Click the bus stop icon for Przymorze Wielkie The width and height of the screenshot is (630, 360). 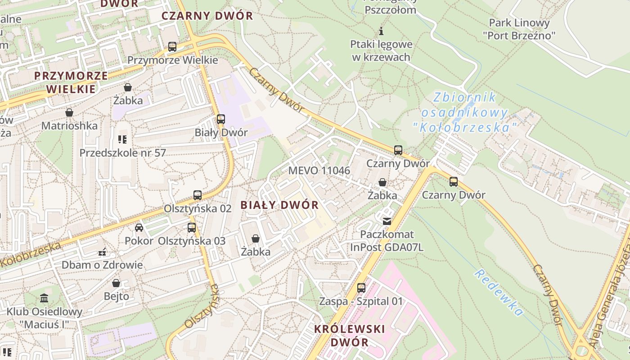click(x=172, y=47)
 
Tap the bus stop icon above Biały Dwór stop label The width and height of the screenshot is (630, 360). click(x=221, y=119)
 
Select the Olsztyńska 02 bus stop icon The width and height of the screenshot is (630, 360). click(x=198, y=195)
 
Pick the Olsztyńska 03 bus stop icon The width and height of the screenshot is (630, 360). click(x=192, y=228)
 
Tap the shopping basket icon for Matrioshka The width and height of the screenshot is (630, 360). click(x=69, y=112)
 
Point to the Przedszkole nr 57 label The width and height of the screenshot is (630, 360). click(x=122, y=153)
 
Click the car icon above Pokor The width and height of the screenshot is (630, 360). click(x=139, y=228)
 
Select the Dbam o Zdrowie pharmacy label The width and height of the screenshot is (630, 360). click(x=102, y=265)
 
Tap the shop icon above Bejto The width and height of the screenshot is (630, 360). click(x=116, y=283)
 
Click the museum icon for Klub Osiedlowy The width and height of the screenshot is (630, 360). click(x=44, y=298)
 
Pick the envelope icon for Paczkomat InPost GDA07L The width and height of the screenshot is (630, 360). click(x=387, y=221)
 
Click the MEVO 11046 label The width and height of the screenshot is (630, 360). click(x=319, y=171)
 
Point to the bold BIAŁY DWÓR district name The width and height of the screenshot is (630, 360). click(x=279, y=205)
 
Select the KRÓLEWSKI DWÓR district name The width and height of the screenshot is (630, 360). click(x=350, y=335)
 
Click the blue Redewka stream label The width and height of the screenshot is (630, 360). click(x=498, y=293)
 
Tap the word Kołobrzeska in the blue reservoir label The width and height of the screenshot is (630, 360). click(x=465, y=128)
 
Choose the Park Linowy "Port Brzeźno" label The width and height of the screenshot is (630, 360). click(x=519, y=29)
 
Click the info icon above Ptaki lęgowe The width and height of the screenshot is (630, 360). click(x=381, y=31)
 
